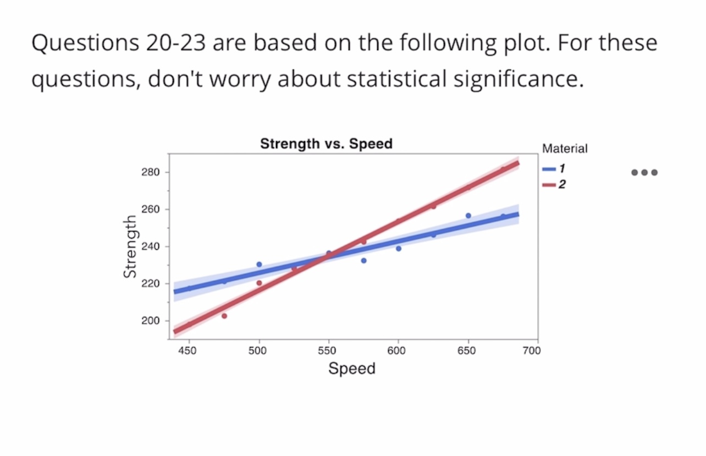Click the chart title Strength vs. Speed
point(326,144)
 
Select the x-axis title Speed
point(352,368)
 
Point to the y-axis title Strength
point(130,246)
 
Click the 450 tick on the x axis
point(189,351)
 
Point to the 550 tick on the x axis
point(327,351)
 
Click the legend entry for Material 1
point(554,170)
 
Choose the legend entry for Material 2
point(554,184)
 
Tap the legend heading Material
point(565,149)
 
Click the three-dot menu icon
point(644,172)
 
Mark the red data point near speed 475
point(224,316)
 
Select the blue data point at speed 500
point(259,264)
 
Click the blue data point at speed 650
point(468,216)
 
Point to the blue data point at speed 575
point(363,260)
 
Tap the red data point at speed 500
point(259,283)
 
